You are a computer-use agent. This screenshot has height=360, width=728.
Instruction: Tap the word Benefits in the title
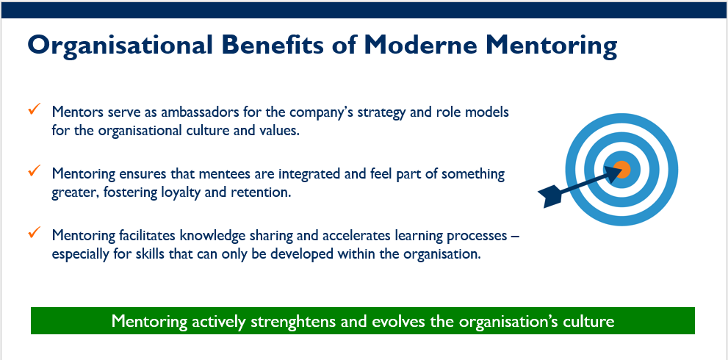click(273, 45)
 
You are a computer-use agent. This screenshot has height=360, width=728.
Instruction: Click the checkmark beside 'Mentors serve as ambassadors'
click(35, 109)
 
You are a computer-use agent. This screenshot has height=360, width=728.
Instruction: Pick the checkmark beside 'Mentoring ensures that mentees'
click(35, 170)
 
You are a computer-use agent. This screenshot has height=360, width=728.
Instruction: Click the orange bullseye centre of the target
click(621, 169)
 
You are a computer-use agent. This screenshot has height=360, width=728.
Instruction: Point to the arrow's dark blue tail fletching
click(550, 195)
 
